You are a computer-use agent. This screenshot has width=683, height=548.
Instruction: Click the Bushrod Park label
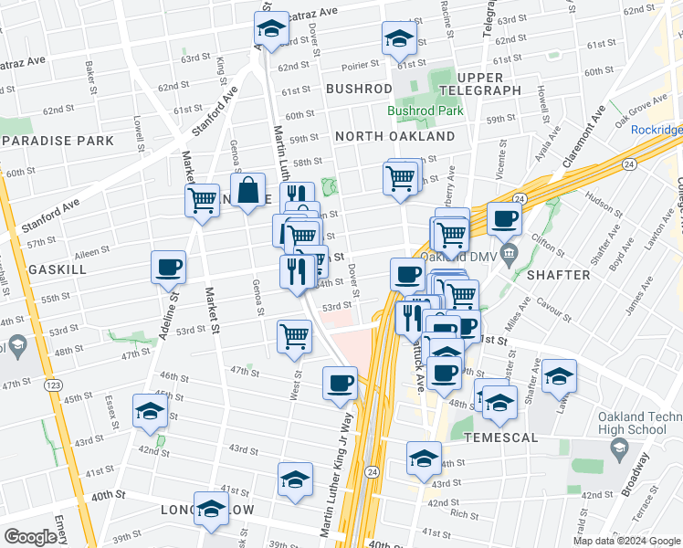coord(425,111)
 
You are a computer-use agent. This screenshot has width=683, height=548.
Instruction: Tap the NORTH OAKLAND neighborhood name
coord(394,136)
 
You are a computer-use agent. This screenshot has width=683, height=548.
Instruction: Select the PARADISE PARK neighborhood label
coord(58,141)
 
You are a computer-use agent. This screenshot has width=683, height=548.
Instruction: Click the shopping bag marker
coord(248,193)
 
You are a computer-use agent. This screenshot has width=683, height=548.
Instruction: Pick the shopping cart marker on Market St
coord(203,201)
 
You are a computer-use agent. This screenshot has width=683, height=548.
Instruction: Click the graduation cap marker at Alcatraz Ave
coord(270,32)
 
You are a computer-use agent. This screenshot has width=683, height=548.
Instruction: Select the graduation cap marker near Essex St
coord(149,412)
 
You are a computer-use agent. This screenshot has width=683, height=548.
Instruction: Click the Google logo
coord(30,537)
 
